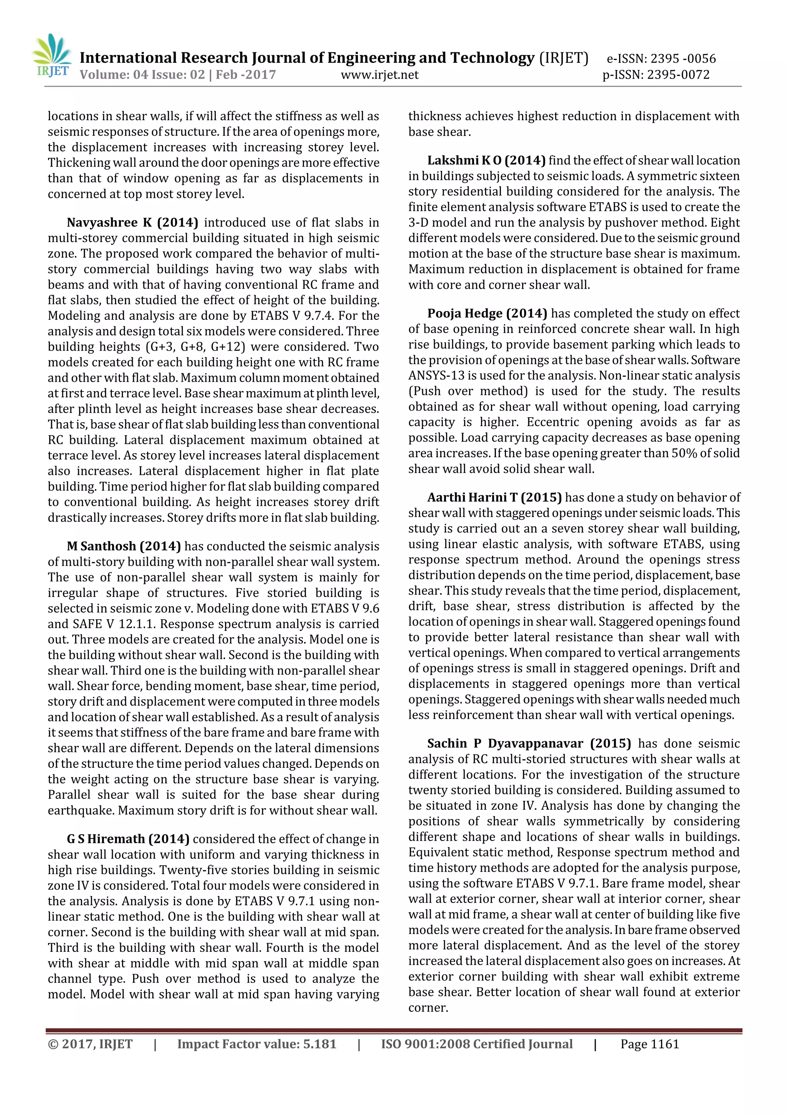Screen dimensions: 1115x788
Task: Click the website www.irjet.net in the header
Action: coord(379,75)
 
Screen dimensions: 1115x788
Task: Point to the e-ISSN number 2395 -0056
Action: coord(683,59)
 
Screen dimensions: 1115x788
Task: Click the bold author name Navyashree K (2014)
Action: coord(132,222)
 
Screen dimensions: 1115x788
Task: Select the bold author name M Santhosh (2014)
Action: coord(124,546)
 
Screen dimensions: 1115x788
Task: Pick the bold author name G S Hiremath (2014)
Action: coord(128,839)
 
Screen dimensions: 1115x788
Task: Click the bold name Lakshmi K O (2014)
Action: coord(486,160)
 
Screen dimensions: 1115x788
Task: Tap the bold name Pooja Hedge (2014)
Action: coord(487,313)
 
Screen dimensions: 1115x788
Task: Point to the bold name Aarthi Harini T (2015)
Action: coord(494,497)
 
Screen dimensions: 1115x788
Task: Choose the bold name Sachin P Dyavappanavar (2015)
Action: coord(529,744)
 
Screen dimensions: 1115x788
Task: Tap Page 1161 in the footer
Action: coord(649,1044)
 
